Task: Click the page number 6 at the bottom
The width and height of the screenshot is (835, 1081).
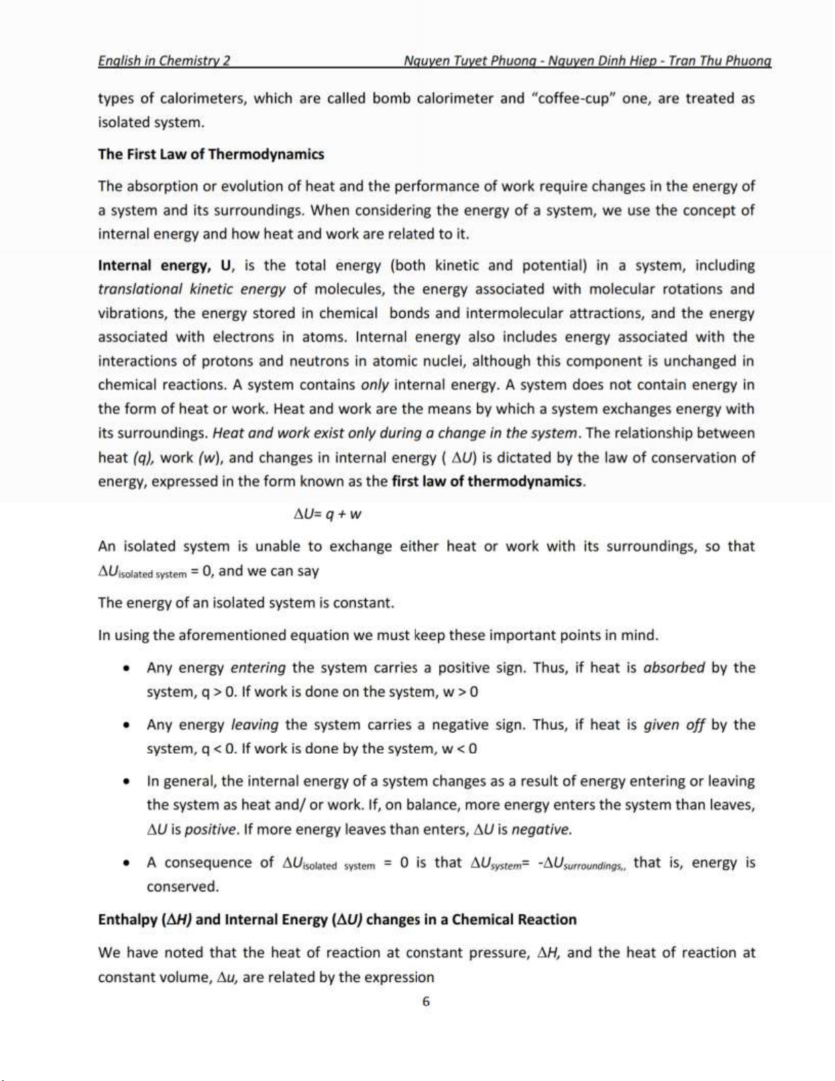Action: (x=426, y=1001)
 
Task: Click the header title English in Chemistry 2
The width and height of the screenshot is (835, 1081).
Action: (x=164, y=61)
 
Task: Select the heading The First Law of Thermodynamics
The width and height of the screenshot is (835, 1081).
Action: (x=211, y=154)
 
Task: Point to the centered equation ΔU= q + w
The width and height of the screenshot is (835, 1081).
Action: (x=327, y=514)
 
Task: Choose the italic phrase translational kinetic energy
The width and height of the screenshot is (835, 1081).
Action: (x=192, y=289)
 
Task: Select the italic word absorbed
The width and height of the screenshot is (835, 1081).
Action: (x=673, y=668)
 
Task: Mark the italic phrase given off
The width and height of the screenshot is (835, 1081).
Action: (x=673, y=724)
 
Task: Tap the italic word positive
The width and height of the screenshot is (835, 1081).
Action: (x=211, y=830)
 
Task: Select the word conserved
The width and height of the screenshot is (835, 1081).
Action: (x=183, y=887)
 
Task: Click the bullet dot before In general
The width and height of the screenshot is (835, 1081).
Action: (x=126, y=782)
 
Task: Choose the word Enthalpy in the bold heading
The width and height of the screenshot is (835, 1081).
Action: (x=127, y=920)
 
